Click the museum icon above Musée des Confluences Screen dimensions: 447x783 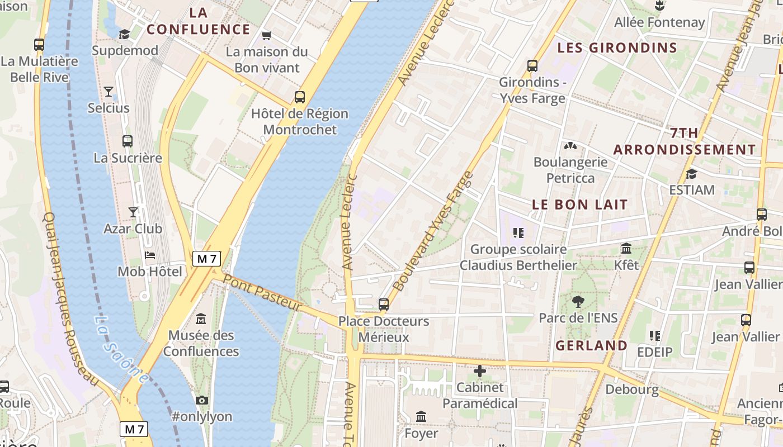tap(201, 319)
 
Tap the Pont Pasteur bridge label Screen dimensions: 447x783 tap(262, 292)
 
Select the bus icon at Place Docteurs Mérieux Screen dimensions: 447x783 tap(384, 305)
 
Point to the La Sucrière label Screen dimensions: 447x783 tap(128, 158)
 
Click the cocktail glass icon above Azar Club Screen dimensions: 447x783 tap(133, 212)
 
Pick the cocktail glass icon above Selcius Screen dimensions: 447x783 tap(109, 91)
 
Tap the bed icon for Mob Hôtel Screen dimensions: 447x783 tap(150, 255)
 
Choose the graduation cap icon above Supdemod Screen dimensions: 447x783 tap(124, 35)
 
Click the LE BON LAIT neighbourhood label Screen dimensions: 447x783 tap(580, 205)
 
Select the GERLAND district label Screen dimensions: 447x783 tap(591, 345)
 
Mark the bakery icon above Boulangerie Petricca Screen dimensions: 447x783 tap(570, 146)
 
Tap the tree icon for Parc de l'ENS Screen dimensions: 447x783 tap(578, 302)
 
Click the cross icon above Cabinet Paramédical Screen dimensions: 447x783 tap(480, 371)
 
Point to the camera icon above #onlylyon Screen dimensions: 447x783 tap(202, 400)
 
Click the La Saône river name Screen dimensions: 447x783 tap(121, 350)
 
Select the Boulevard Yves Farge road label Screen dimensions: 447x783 tap(433, 232)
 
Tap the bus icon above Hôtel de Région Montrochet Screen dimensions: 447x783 tap(300, 97)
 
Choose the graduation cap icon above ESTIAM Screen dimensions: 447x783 tap(692, 174)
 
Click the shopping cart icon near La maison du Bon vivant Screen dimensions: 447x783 tap(267, 35)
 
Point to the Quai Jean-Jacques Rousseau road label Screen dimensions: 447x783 tap(70, 299)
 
